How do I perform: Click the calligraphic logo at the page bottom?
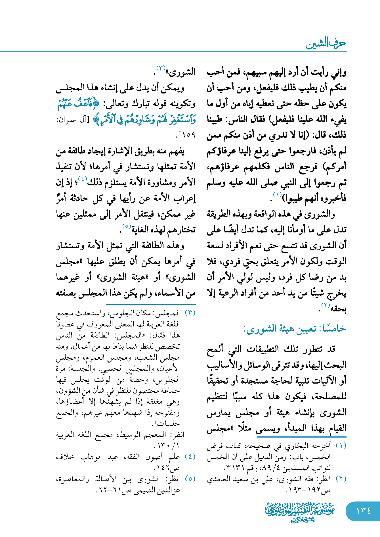click(x=300, y=512)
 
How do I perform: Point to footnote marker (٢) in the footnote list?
click(x=341, y=479)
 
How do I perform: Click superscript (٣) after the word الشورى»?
click(x=161, y=68)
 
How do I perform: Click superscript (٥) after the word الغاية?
click(x=126, y=226)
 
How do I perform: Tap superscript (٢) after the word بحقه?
click(x=325, y=305)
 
